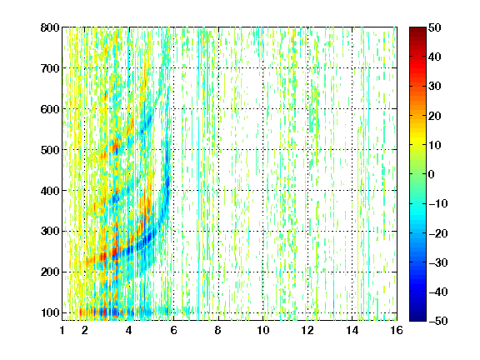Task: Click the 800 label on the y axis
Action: pyautogui.click(x=50, y=27)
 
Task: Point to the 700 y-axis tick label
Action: pyautogui.click(x=50, y=68)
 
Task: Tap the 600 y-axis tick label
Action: pyautogui.click(x=50, y=109)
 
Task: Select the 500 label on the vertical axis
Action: pyautogui.click(x=50, y=150)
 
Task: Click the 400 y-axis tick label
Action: pyautogui.click(x=50, y=191)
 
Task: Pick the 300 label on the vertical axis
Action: pyautogui.click(x=50, y=231)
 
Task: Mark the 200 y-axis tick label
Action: pyautogui.click(x=50, y=272)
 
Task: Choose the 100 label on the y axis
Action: pyautogui.click(x=50, y=312)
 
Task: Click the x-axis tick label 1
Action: pyautogui.click(x=62, y=330)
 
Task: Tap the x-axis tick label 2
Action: pyautogui.click(x=85, y=330)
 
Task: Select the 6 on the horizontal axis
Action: pyautogui.click(x=174, y=330)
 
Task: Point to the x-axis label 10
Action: pyautogui.click(x=263, y=330)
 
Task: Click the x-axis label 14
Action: pyautogui.click(x=352, y=330)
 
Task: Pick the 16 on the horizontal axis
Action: pyautogui.click(x=397, y=330)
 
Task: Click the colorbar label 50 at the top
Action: pyautogui.click(x=434, y=27)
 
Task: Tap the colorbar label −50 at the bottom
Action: pyautogui.click(x=437, y=321)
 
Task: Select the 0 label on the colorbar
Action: pyautogui.click(x=431, y=174)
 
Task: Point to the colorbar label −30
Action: pyautogui.click(x=437, y=262)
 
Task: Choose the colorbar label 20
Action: pyautogui.click(x=434, y=116)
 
